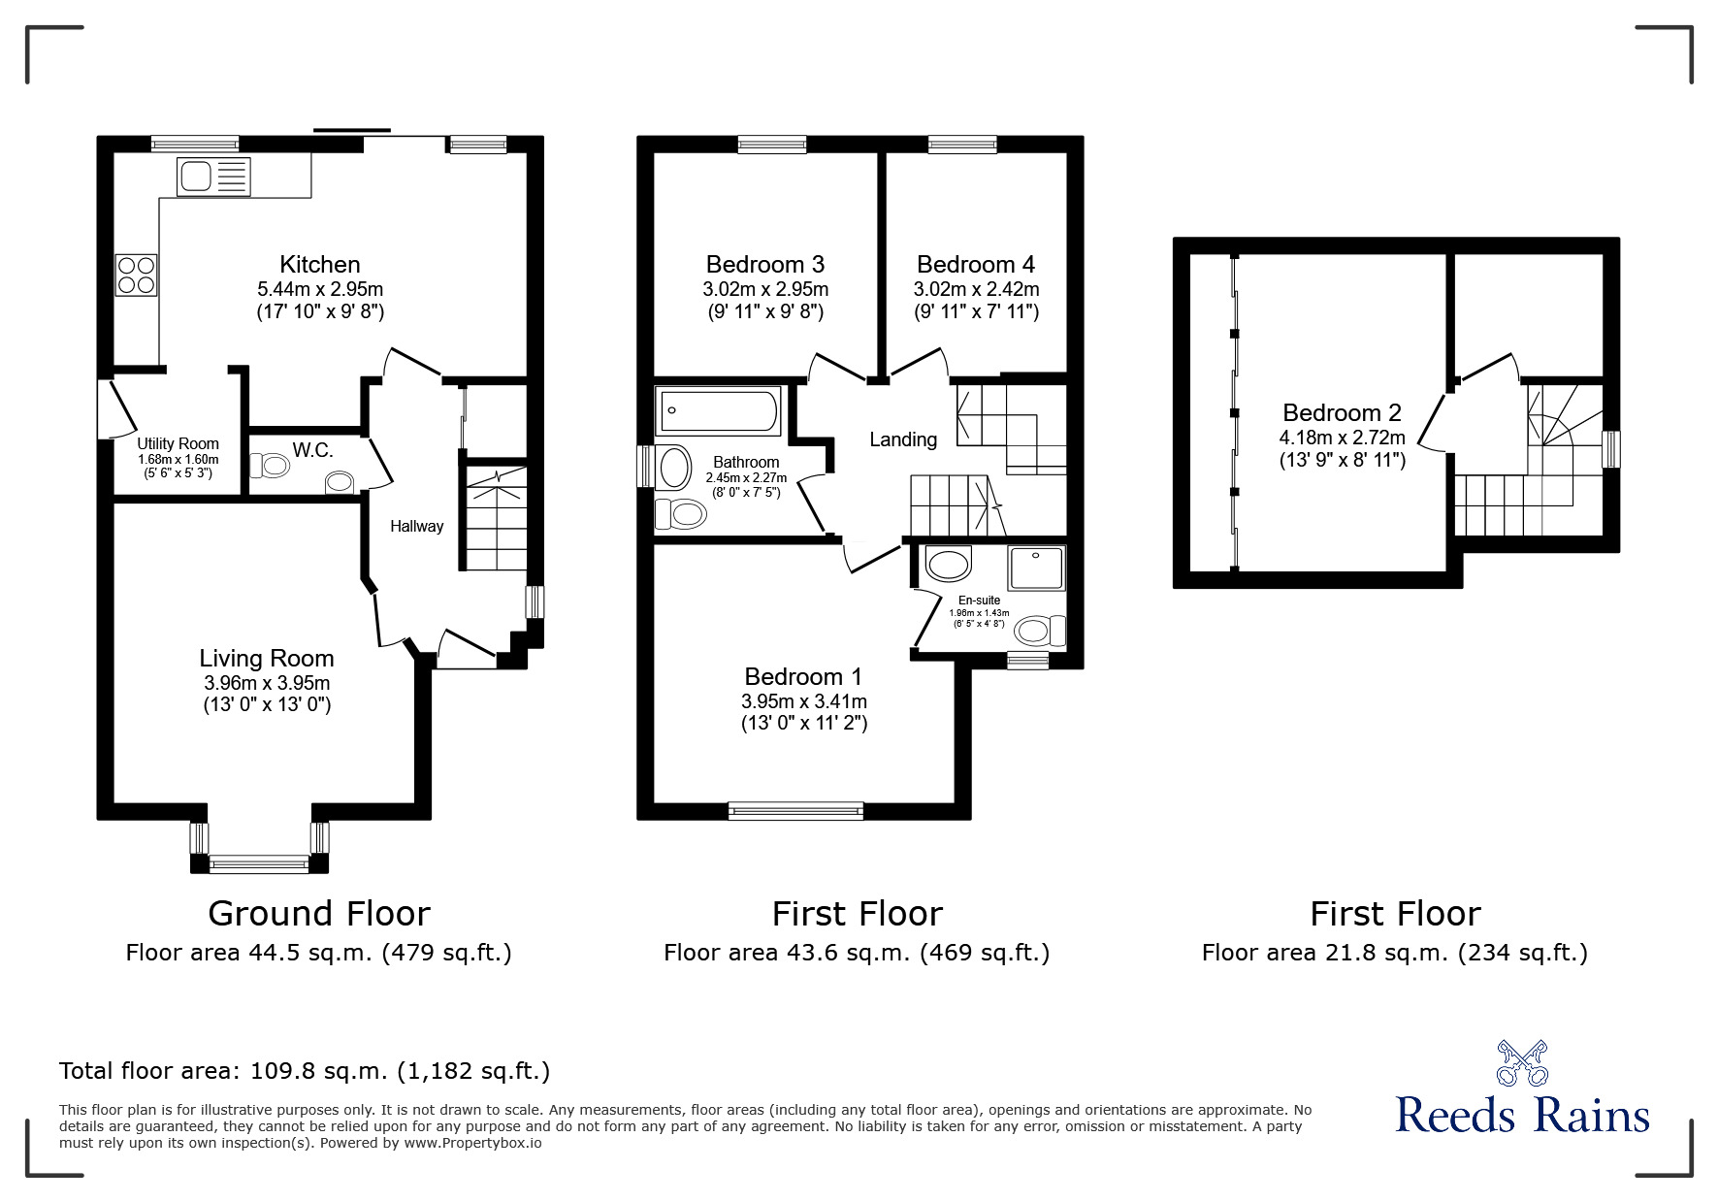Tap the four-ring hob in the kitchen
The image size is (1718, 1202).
136,275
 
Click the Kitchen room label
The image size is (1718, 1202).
319,264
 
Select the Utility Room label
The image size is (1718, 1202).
178,443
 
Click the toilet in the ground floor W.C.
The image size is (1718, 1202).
271,467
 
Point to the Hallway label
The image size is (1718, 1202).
416,526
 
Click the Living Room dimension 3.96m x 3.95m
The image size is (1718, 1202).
266,683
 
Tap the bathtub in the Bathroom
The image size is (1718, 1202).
719,411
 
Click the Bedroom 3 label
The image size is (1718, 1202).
764,264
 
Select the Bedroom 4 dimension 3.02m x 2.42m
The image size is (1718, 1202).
975,289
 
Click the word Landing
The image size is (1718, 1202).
902,439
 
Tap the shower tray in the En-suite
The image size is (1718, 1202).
1036,569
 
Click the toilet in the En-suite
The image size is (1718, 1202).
1041,632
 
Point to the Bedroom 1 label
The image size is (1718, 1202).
802,676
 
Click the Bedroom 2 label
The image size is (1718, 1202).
1341,412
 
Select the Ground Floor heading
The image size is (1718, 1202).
318,914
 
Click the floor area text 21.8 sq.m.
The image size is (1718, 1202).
1394,953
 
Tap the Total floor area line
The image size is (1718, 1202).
305,1071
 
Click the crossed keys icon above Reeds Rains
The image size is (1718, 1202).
1522,1062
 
